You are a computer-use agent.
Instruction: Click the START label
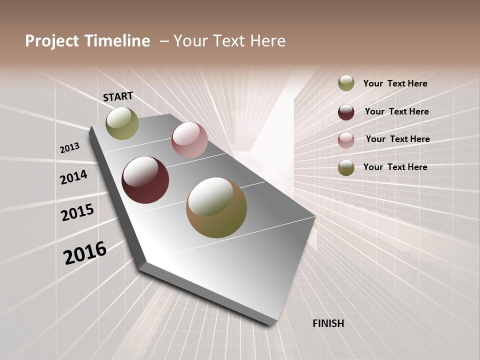click(x=118, y=96)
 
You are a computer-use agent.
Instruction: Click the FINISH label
click(x=328, y=323)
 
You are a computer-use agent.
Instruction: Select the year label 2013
click(x=70, y=147)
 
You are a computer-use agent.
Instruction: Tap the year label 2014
click(x=74, y=177)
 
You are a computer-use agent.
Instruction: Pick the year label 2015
click(x=77, y=212)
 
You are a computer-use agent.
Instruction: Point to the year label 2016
click(x=85, y=252)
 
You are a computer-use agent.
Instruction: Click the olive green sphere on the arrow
click(x=122, y=123)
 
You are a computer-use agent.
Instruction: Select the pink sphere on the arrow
click(x=189, y=140)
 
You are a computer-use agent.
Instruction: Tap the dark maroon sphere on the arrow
click(x=145, y=180)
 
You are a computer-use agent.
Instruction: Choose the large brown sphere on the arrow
click(x=216, y=207)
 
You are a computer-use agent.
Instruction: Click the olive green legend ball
click(x=346, y=83)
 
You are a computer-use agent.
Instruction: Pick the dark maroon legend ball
click(x=346, y=112)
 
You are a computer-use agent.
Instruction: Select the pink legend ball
click(x=346, y=140)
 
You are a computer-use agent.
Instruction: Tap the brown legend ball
click(x=346, y=167)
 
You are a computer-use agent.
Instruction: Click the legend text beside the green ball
click(x=395, y=83)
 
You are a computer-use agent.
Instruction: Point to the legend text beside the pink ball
click(x=397, y=139)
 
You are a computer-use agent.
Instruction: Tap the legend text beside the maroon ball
click(x=396, y=111)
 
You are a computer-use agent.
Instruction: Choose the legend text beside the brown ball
click(x=395, y=167)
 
